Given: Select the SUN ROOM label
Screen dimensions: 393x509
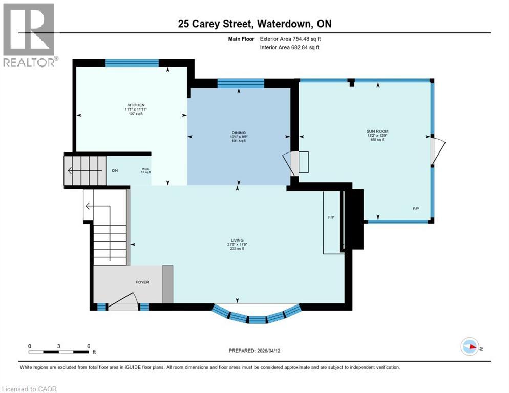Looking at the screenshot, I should (x=377, y=132).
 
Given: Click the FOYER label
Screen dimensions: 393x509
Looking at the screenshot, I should (x=142, y=282).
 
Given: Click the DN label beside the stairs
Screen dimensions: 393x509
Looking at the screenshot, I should (x=115, y=170).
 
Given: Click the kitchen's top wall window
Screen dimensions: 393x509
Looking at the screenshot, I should (x=132, y=63).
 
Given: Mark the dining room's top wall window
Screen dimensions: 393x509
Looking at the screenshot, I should (x=241, y=83).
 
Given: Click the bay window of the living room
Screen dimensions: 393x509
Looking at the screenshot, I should (x=256, y=315).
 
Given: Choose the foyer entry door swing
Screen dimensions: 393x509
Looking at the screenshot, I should (x=123, y=301).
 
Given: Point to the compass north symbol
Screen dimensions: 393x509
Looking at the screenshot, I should (x=470, y=346).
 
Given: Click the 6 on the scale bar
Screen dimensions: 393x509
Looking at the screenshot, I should (x=88, y=346).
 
